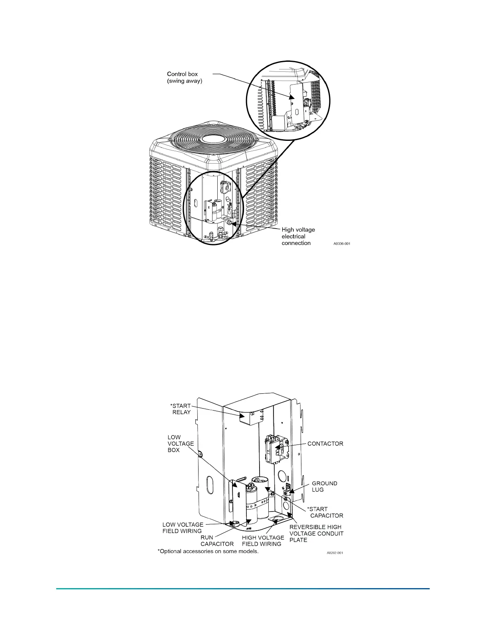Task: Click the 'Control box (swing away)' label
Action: (185, 77)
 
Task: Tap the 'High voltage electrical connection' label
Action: (298, 236)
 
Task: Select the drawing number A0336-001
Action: (342, 243)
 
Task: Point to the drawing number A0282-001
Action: (335, 553)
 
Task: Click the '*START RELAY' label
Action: (181, 409)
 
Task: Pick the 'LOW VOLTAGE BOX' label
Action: (181, 444)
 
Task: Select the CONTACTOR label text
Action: (325, 444)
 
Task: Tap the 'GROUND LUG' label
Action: (324, 486)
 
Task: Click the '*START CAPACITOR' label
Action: (325, 512)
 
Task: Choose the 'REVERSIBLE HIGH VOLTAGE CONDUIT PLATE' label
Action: (316, 533)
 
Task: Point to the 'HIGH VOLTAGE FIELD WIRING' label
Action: (263, 541)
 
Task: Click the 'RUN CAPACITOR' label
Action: (217, 541)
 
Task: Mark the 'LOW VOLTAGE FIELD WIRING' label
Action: (183, 527)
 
